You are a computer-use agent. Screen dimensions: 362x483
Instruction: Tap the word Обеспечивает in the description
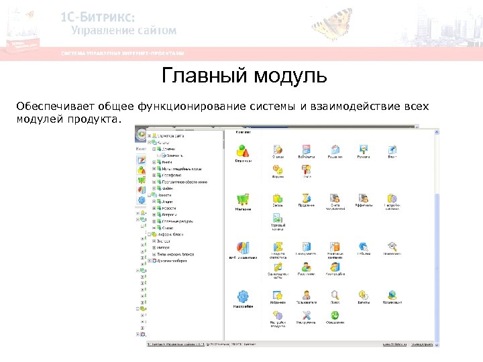54,106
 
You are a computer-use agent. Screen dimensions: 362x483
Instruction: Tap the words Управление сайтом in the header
123,30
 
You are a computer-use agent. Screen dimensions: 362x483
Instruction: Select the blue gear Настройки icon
243,296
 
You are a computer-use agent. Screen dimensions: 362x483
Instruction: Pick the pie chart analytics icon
243,247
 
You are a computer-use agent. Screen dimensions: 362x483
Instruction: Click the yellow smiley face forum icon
277,170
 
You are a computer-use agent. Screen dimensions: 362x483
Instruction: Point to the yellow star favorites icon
277,294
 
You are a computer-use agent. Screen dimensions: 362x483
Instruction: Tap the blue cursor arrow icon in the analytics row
363,247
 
